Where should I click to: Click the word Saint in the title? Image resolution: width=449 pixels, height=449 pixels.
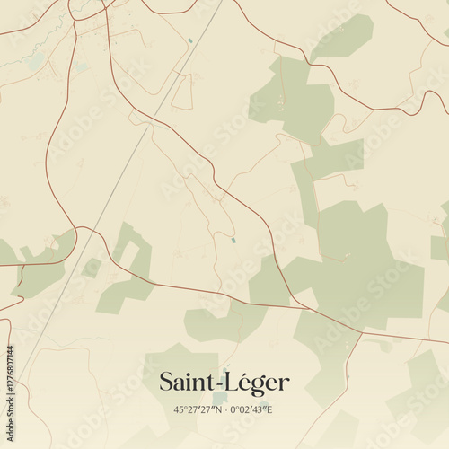[185, 382]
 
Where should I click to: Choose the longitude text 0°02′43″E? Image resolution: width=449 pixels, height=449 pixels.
[252, 409]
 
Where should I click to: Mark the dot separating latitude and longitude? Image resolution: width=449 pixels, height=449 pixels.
[226, 409]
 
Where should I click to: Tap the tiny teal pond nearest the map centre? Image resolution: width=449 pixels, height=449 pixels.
[233, 240]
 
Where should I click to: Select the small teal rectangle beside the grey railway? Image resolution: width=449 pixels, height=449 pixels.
[189, 41]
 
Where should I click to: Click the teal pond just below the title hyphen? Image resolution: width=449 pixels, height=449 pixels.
[220, 398]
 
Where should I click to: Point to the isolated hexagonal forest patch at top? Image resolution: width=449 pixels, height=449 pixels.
[342, 37]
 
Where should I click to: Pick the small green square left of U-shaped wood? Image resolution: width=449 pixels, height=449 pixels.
[92, 268]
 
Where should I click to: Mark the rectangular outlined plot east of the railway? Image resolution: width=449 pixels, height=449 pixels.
[182, 90]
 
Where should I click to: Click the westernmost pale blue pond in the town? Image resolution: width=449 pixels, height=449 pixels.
[34, 62]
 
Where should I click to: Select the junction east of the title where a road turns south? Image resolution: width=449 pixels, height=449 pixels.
[362, 335]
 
